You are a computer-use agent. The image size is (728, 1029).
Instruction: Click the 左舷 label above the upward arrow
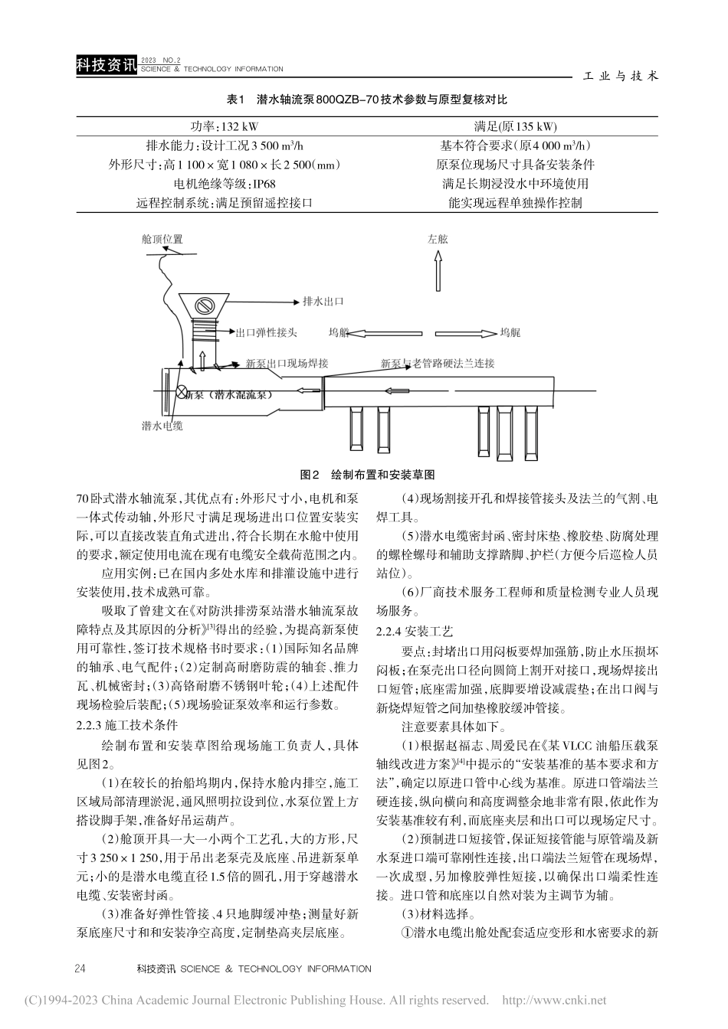438,239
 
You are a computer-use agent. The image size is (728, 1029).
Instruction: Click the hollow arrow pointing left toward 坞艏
387,333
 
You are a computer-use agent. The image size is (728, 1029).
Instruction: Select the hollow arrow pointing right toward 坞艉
462,333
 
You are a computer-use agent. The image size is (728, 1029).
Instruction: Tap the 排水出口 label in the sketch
323,301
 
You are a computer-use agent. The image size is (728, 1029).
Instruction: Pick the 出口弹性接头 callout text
267,333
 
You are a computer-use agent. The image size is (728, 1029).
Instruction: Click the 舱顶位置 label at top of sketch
162,240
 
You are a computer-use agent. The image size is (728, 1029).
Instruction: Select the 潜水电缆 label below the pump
162,426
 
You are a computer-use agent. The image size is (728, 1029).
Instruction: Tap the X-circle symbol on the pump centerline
182,392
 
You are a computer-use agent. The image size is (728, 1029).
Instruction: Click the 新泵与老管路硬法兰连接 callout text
438,364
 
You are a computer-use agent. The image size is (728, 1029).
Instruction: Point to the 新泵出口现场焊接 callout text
287,364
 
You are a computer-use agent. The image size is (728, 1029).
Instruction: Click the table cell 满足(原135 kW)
516,127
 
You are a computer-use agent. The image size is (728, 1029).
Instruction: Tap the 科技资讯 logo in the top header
106,67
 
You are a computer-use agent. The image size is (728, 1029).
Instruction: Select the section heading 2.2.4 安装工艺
415,631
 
